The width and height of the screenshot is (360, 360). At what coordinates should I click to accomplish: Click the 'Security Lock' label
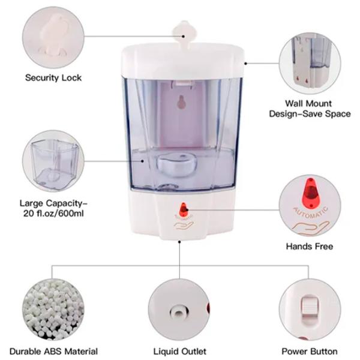tap(53, 77)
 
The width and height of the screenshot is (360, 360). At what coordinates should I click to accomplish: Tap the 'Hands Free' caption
tap(310, 247)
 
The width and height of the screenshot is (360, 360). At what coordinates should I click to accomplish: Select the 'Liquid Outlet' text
tap(180, 351)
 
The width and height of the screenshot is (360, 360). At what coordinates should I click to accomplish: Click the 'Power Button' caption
tap(310, 351)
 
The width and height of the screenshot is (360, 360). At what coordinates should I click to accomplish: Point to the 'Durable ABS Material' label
tap(53, 351)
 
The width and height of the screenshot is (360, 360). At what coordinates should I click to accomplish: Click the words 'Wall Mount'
tap(308, 103)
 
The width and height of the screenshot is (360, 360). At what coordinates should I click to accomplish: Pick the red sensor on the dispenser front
tap(184, 209)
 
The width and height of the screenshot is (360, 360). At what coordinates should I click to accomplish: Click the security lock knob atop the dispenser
tap(185, 32)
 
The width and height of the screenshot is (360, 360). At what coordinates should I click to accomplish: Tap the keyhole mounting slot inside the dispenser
tap(182, 102)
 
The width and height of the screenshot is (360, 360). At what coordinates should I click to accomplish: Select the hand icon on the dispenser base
tap(184, 225)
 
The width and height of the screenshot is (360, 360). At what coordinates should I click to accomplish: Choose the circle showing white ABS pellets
tap(53, 310)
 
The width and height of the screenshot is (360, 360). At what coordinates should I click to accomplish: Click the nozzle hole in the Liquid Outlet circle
tap(179, 312)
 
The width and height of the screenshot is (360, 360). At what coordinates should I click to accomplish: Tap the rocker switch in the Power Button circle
tap(310, 310)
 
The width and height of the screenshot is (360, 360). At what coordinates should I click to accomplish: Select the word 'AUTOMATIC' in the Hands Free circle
tap(310, 212)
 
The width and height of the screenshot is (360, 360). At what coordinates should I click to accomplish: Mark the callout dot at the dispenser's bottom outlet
tap(179, 242)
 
